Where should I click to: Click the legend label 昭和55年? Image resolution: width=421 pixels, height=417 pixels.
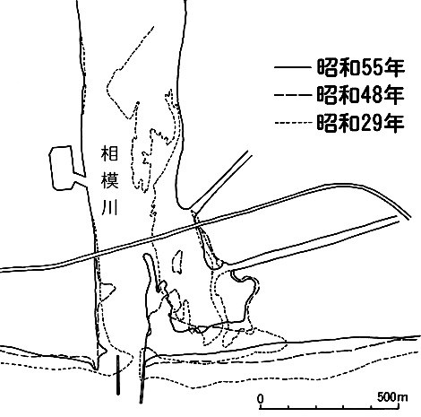click(x=360, y=68)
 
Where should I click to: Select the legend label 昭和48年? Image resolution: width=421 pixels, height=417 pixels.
click(x=360, y=95)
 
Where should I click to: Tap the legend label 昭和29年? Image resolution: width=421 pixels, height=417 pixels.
click(x=360, y=123)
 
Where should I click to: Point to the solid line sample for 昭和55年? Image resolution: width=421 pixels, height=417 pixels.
click(x=292, y=68)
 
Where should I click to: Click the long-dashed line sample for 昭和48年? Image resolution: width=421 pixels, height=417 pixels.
click(x=292, y=95)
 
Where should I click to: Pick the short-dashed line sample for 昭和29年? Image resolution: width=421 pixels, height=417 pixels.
click(x=292, y=123)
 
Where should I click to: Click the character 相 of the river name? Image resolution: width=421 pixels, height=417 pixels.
click(x=109, y=153)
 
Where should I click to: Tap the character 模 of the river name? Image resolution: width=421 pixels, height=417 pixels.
click(x=109, y=180)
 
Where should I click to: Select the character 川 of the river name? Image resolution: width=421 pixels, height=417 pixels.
click(x=109, y=207)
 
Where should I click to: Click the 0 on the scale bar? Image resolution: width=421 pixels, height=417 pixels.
click(x=261, y=398)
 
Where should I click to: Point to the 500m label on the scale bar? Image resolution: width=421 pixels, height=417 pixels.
click(x=392, y=397)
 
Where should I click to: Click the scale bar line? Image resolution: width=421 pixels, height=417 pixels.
click(x=330, y=407)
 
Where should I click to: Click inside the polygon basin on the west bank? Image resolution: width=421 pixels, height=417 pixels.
click(x=62, y=169)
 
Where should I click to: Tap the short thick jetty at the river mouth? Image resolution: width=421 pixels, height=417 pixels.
click(x=118, y=375)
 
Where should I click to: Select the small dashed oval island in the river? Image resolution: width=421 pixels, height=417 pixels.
click(x=178, y=262)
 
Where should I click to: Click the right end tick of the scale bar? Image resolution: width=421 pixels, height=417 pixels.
click(x=400, y=406)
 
